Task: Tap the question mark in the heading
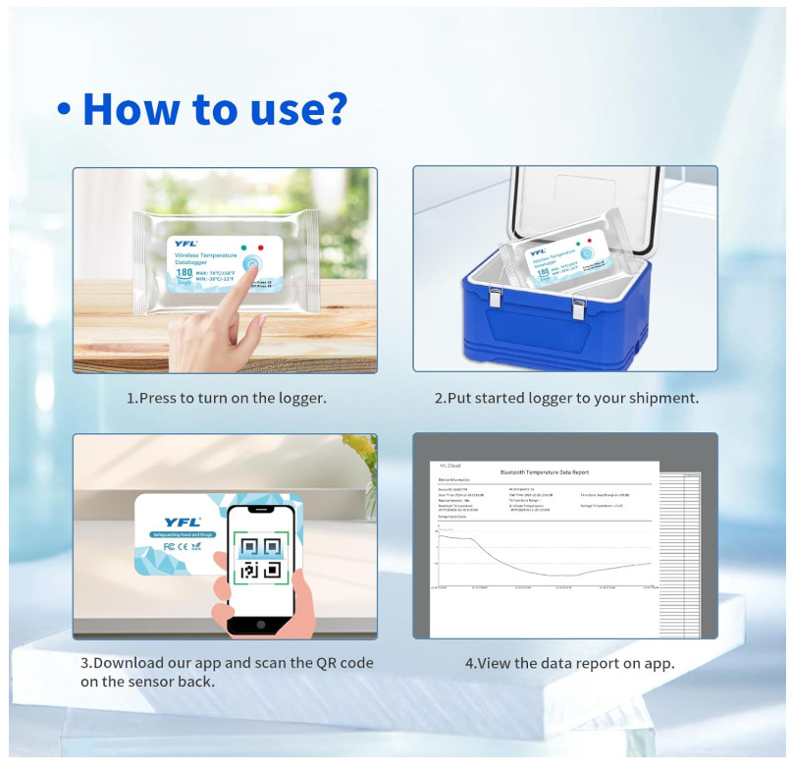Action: [x=334, y=108]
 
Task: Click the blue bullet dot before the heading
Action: [x=64, y=111]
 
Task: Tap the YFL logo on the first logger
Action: [x=185, y=243]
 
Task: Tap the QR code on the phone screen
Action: [x=260, y=558]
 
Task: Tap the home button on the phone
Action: [x=260, y=624]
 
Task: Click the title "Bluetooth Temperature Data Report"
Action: [x=544, y=472]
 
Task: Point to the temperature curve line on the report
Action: [x=510, y=565]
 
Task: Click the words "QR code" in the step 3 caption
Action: [x=337, y=663]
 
